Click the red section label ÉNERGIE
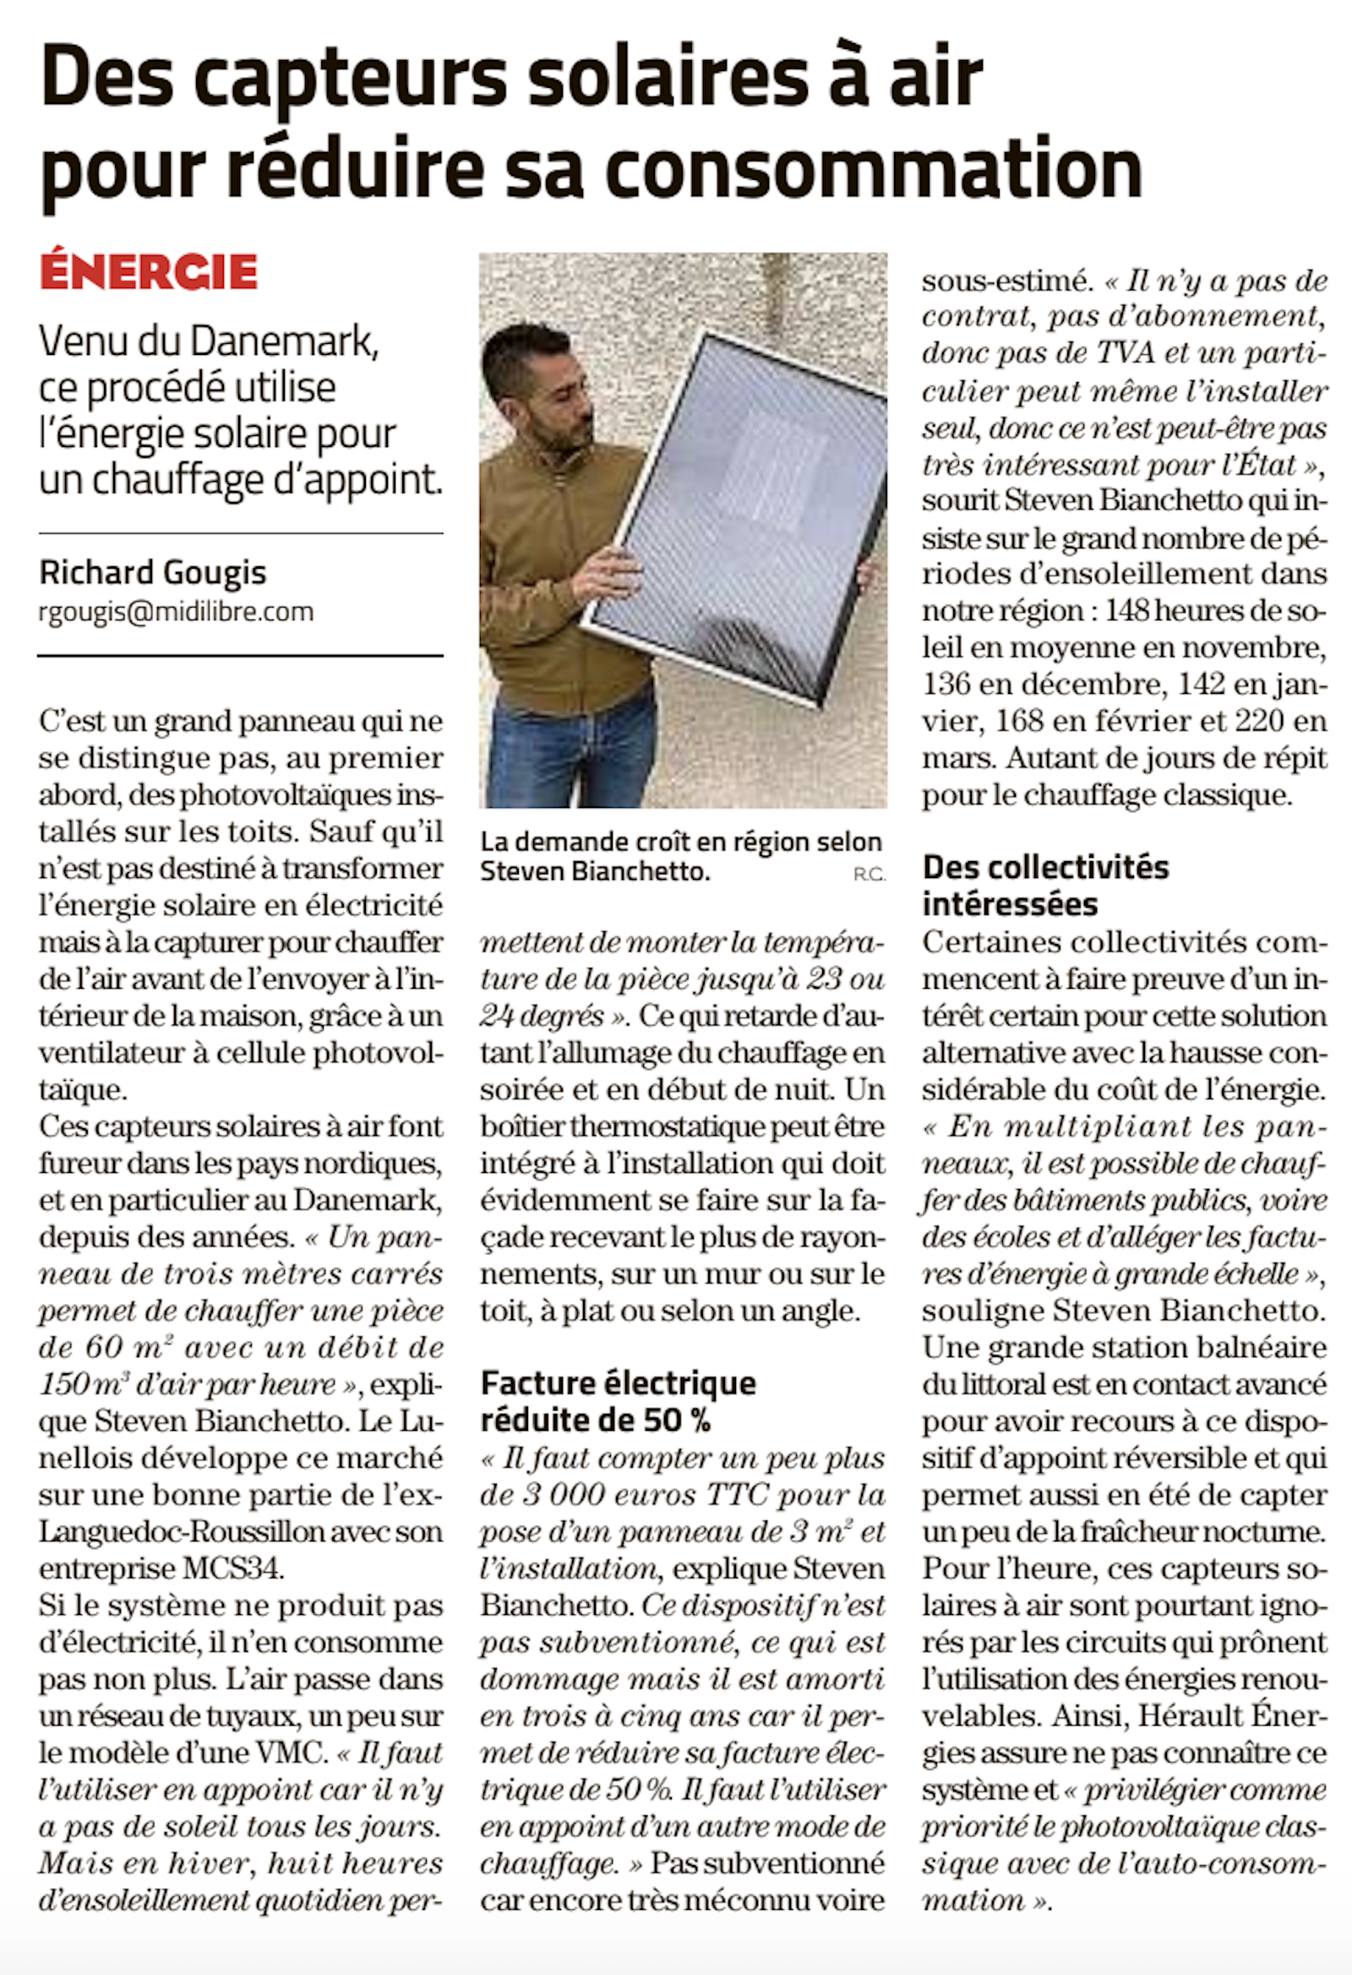(148, 272)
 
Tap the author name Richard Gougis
(153, 573)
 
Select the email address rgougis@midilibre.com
(176, 612)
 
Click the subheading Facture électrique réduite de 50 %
(618, 1401)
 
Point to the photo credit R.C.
(870, 875)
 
